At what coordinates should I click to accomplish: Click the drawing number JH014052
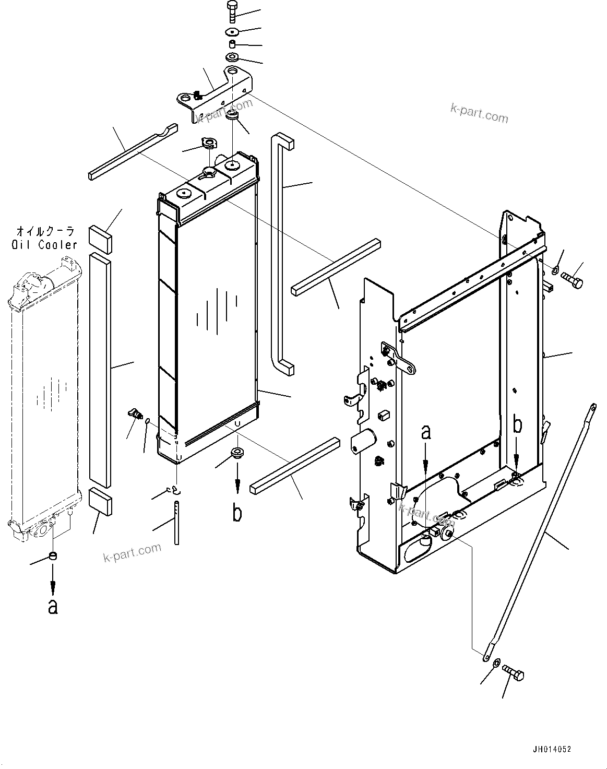pos(552,749)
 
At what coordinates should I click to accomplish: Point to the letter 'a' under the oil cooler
pos(52,606)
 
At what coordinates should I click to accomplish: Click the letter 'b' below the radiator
pos(237,513)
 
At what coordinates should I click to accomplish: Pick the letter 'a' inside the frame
pos(426,433)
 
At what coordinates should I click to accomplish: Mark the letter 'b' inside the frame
pos(517,425)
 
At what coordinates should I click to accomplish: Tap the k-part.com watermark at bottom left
pos(133,553)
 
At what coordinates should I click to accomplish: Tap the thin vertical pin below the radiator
pos(177,523)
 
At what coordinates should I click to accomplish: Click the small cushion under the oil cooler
pos(52,557)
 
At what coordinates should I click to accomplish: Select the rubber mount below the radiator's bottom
pos(237,452)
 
